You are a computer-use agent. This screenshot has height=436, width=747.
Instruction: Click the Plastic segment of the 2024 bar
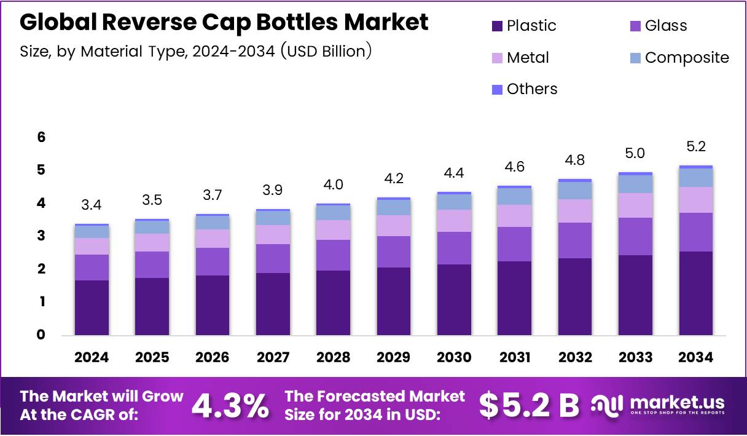[92, 307]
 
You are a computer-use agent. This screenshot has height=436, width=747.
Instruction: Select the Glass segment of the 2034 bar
[696, 232]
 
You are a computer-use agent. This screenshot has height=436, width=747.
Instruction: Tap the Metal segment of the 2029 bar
[394, 226]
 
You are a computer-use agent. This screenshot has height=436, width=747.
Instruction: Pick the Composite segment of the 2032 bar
[575, 191]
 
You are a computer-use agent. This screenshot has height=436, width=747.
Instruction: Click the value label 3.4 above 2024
[92, 205]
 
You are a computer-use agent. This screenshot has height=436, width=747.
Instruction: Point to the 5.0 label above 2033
[635, 153]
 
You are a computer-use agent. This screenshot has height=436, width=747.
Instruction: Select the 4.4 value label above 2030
[454, 173]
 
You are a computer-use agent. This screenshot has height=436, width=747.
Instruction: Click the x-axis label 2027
[273, 358]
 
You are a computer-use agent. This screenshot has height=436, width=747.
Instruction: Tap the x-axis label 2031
[515, 358]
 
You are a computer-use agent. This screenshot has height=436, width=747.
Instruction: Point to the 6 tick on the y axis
[41, 137]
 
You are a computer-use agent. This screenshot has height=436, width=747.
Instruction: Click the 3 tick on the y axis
[41, 236]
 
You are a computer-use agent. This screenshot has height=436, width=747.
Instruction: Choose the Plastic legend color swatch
[497, 26]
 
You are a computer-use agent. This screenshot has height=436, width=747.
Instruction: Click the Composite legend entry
[686, 58]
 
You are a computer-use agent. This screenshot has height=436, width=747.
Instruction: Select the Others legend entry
[531, 89]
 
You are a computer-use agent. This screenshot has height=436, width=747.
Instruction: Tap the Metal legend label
[528, 58]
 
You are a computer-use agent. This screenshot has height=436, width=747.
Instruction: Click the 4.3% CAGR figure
[230, 405]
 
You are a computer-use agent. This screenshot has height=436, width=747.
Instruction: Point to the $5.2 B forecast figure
[529, 405]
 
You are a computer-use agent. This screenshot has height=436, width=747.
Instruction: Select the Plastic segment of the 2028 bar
[333, 303]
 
